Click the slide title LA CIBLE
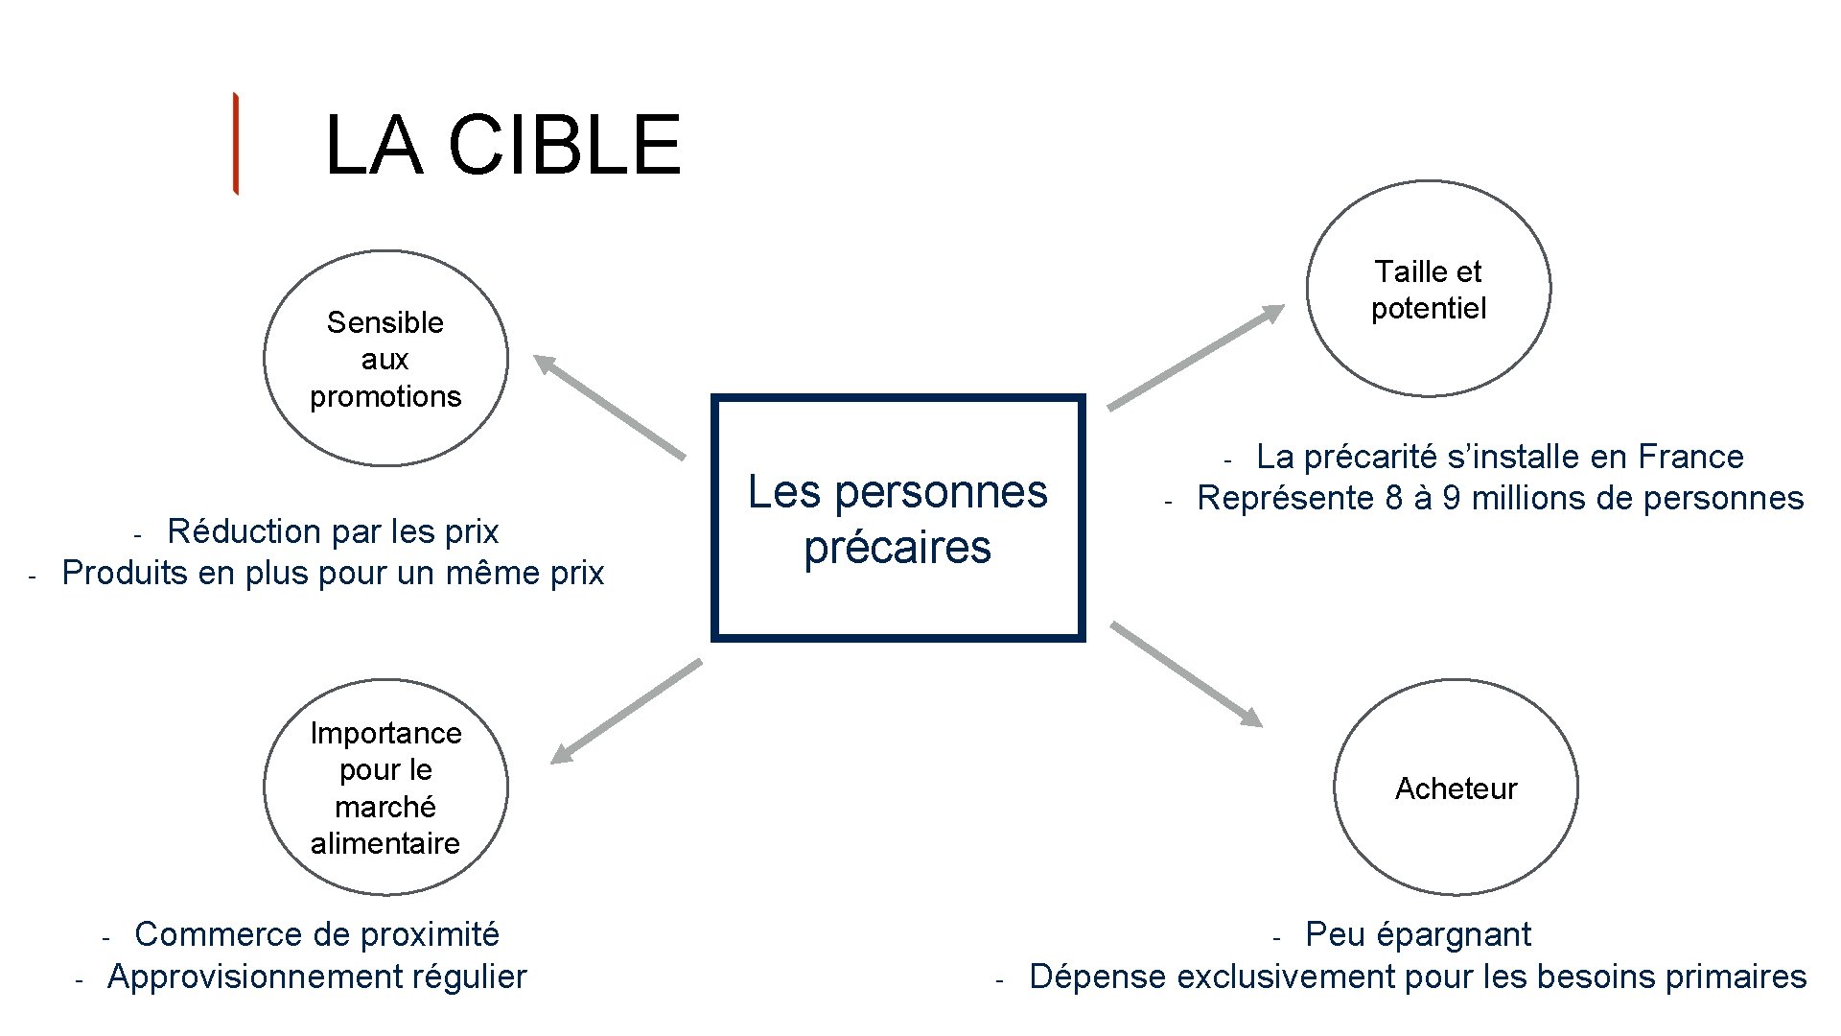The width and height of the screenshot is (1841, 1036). click(502, 145)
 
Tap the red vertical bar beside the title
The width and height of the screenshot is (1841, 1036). click(235, 144)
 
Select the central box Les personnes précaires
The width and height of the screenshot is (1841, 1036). click(897, 518)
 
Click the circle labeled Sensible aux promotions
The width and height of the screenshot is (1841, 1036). click(385, 359)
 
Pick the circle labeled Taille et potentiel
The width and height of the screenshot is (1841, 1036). click(1428, 289)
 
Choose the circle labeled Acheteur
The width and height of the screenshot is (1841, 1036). click(1456, 788)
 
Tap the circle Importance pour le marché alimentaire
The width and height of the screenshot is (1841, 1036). click(385, 788)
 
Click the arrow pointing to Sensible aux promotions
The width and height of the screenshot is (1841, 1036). click(609, 407)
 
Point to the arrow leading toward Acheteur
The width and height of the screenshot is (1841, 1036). click(1186, 674)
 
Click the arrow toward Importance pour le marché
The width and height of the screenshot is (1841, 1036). click(626, 712)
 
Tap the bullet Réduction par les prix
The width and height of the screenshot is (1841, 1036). click(333, 531)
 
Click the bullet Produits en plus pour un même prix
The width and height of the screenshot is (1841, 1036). click(333, 573)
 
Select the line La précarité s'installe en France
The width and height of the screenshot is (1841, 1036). click(1500, 457)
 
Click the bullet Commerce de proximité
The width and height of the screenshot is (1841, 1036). click(316, 934)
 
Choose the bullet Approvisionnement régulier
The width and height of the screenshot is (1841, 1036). click(316, 977)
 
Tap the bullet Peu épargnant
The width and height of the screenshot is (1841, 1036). click(1418, 934)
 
